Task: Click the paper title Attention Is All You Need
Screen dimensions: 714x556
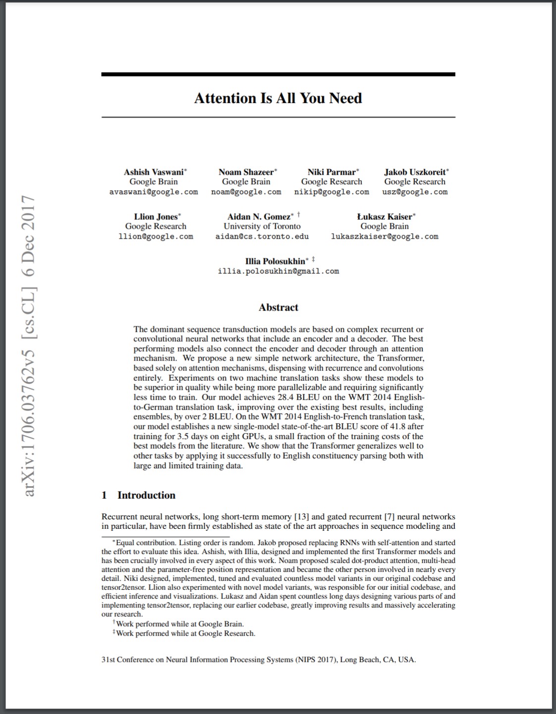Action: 278,98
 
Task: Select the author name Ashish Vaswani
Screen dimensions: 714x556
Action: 154,172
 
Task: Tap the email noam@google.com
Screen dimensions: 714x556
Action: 246,192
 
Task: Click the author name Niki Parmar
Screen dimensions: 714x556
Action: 332,172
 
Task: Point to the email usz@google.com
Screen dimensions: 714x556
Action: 415,192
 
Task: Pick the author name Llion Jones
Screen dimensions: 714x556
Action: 156,217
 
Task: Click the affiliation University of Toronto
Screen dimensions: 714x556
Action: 262,226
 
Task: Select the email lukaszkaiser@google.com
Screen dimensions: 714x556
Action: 385,237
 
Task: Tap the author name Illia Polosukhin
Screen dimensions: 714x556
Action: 276,261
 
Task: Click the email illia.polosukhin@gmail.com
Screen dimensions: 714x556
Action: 278,271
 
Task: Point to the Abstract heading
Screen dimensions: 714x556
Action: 278,307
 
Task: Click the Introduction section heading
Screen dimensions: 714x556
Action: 146,495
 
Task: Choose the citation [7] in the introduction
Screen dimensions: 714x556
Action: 389,517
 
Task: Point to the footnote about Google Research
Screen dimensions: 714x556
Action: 184,633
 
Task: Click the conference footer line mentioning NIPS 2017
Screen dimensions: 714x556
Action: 258,660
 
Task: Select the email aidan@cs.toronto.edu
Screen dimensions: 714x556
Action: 262,237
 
